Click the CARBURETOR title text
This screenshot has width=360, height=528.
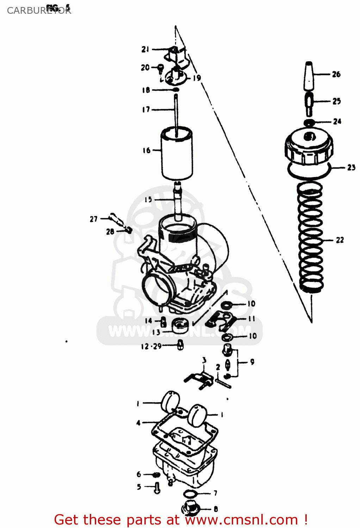coord(39,11)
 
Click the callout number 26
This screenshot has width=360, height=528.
coord(336,74)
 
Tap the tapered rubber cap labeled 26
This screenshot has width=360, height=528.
coord(309,76)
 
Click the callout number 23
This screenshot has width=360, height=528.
coord(351,168)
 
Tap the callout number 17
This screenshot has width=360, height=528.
coord(146,110)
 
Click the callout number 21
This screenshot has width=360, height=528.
coord(145,50)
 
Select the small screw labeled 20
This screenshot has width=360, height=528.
coord(161,68)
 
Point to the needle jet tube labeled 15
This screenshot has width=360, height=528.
coord(178,201)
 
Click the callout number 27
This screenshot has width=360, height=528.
coord(93,219)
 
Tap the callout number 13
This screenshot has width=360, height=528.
coord(156,332)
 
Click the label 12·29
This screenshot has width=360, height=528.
coord(151,346)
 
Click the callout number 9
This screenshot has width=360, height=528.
coord(252,362)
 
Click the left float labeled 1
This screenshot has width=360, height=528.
coord(170,402)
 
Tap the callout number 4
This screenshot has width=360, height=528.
coord(138,423)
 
